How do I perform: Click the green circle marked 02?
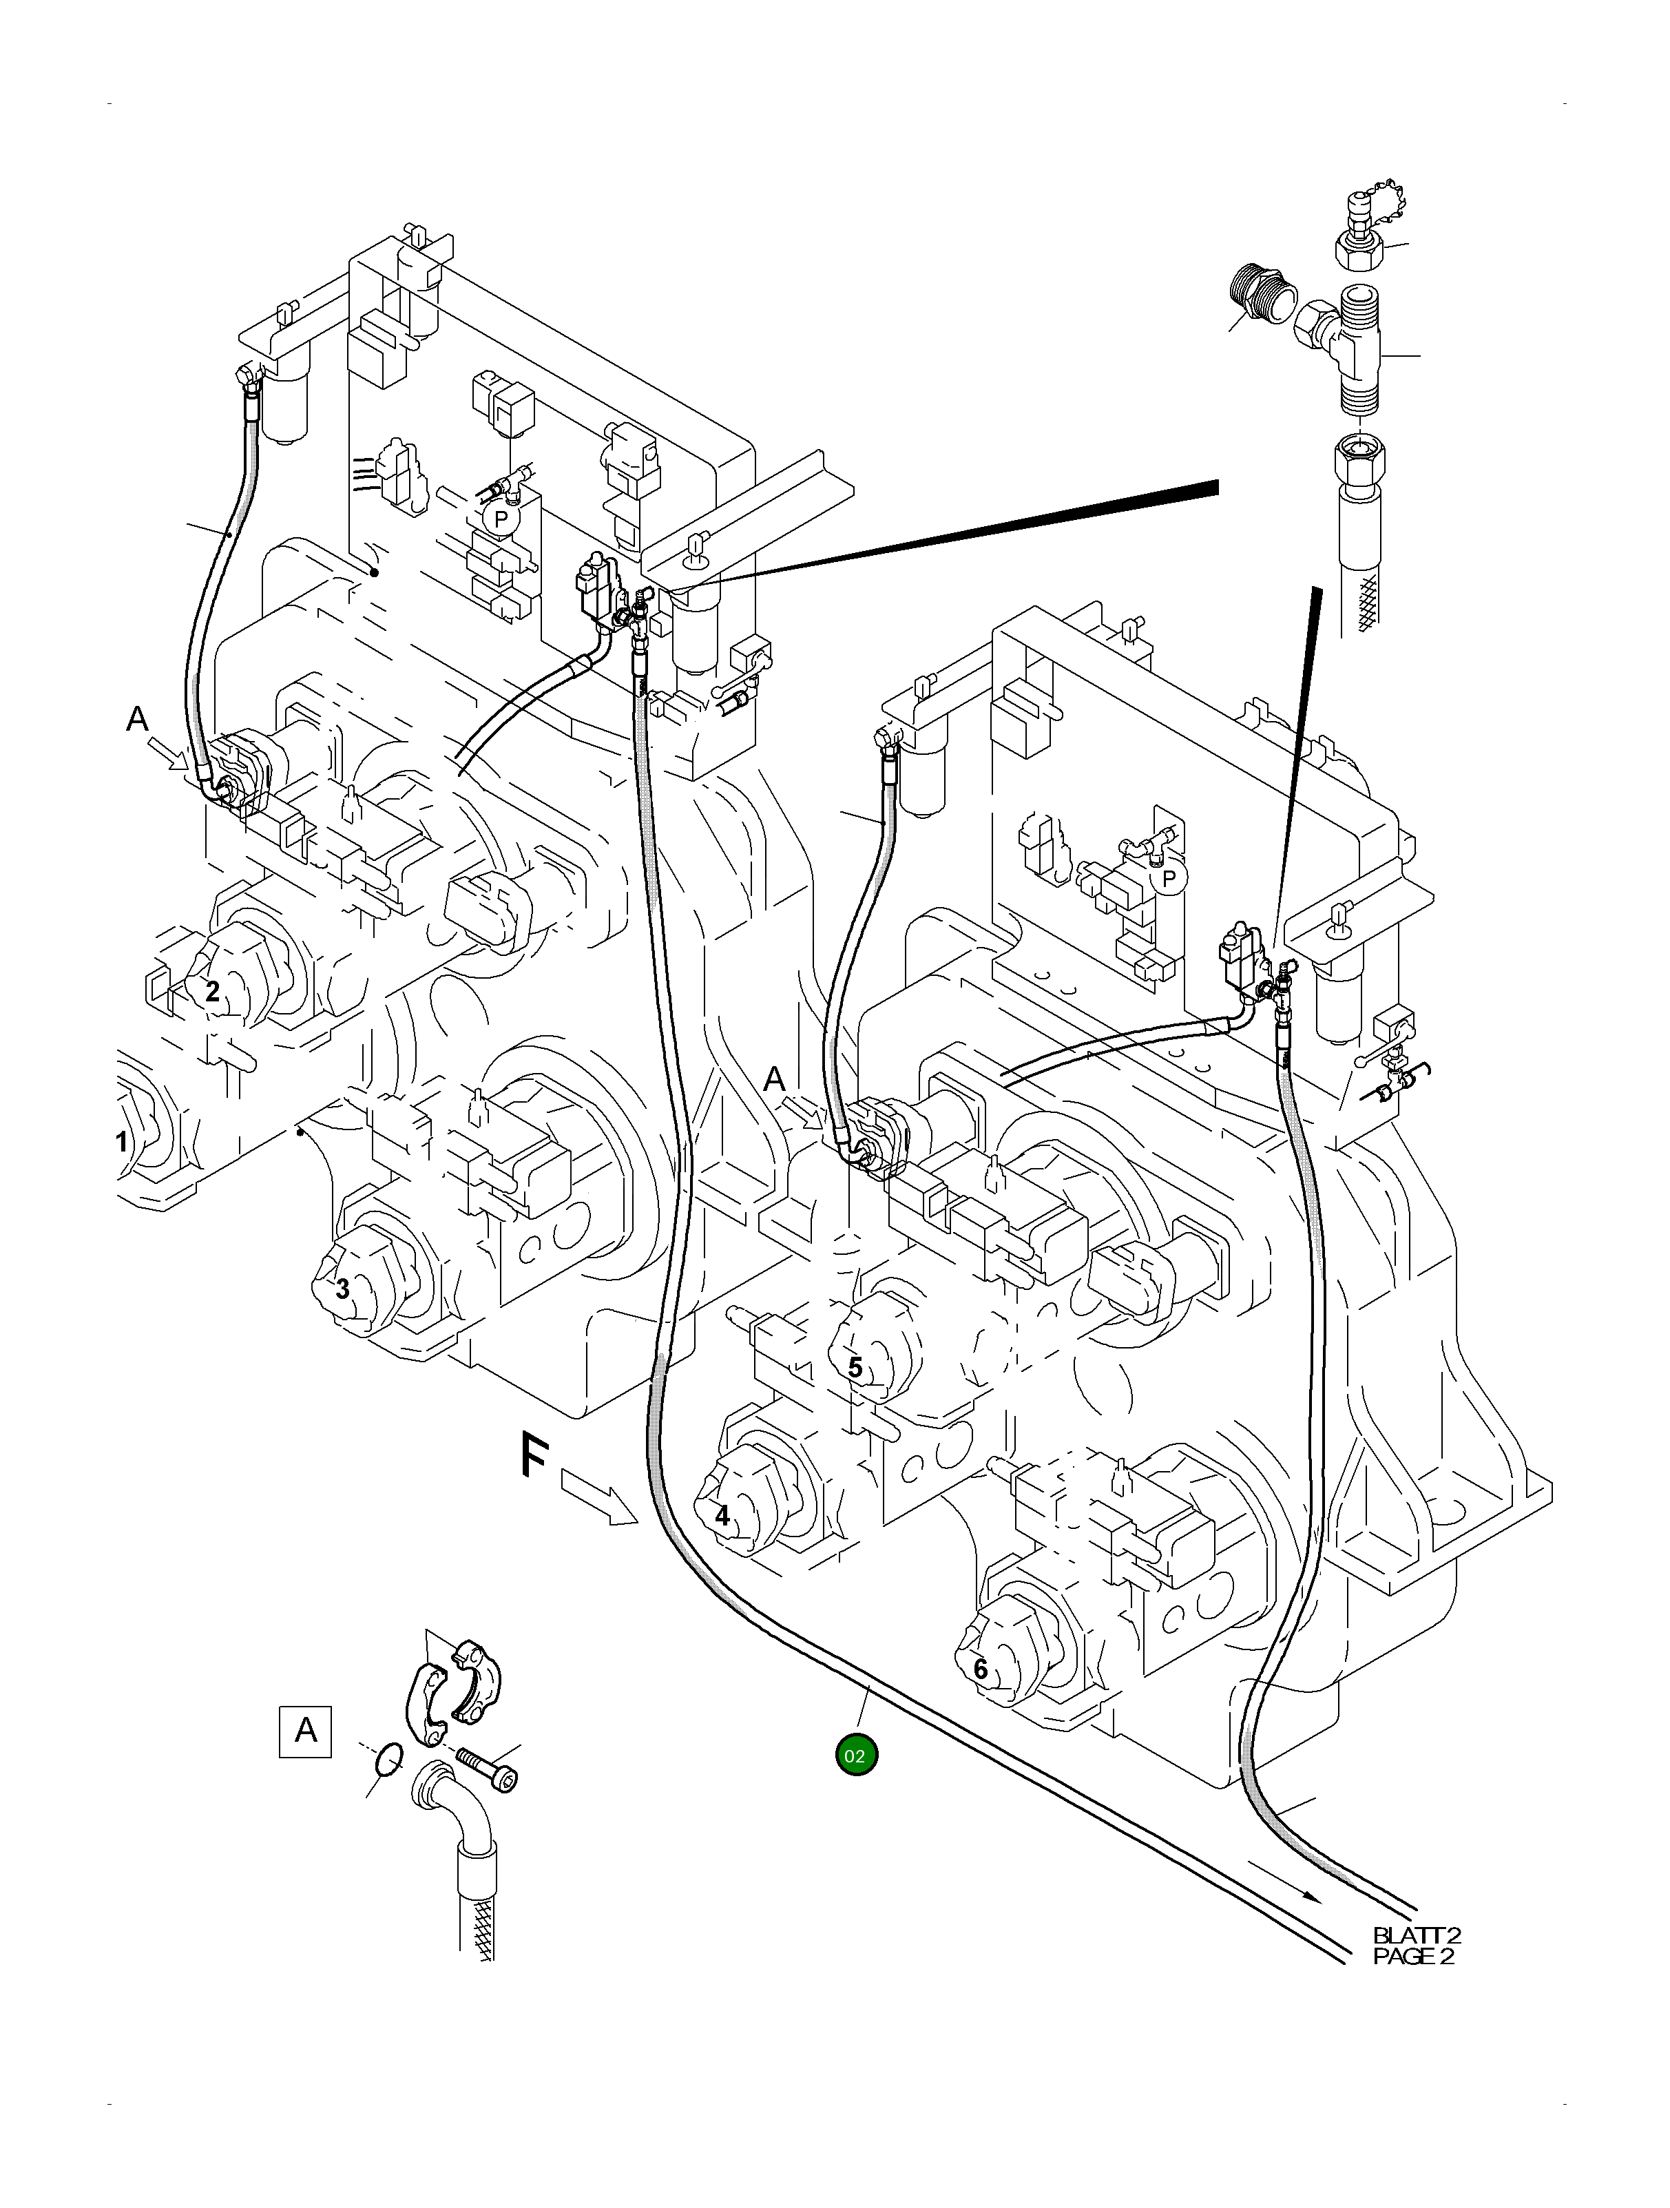coord(855,1756)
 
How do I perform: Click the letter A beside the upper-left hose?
coord(138,719)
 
